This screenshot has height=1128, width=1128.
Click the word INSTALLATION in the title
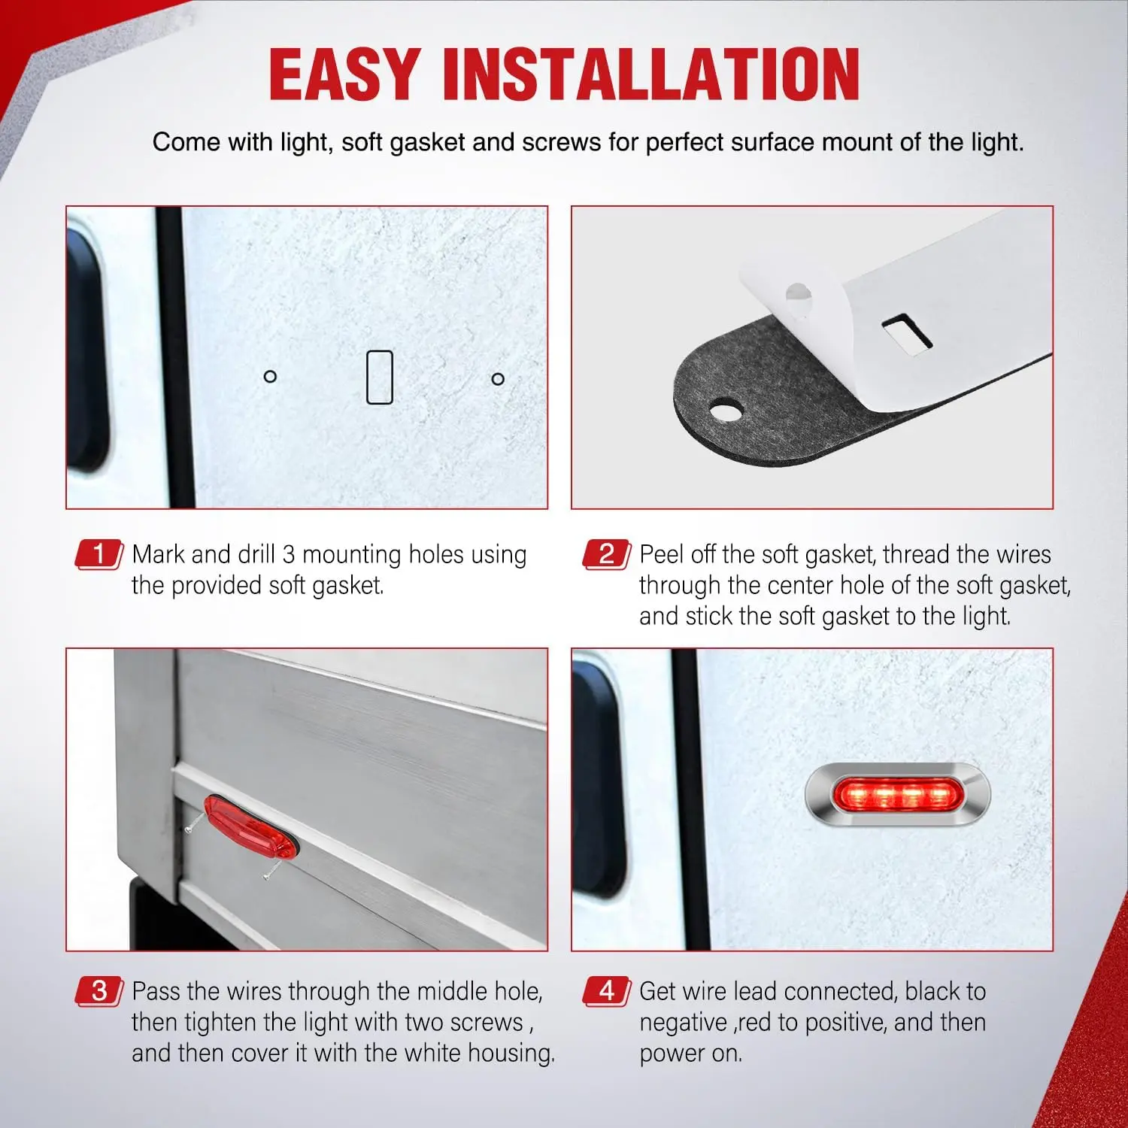pos(651,74)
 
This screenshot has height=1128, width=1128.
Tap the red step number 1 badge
pos(99,554)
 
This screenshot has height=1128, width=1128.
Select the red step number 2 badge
pos(607,554)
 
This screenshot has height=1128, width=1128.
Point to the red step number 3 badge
pos(99,991)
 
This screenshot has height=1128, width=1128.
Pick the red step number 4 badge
pos(607,991)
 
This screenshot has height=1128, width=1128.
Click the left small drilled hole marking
pos(271,376)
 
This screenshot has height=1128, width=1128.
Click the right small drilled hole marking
pos(498,379)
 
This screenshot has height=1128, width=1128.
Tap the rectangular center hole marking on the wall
pos(380,377)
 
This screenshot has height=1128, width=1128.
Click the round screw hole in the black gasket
pos(726,411)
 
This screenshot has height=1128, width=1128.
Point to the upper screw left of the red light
pos(194,822)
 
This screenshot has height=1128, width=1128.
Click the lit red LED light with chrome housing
pos(898,795)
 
